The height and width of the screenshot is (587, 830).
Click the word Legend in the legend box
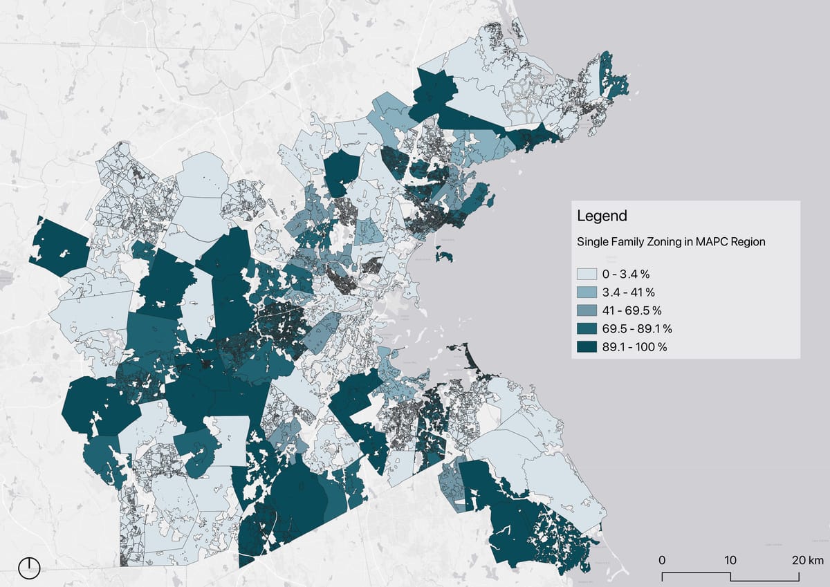tap(602, 216)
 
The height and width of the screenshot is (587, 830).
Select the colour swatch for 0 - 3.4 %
tap(587, 274)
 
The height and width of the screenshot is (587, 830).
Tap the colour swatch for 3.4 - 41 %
tap(587, 292)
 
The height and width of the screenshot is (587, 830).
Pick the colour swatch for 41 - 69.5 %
tap(587, 310)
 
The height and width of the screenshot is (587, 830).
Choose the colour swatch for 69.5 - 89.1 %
tap(587, 328)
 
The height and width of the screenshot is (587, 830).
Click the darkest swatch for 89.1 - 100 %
tap(587, 346)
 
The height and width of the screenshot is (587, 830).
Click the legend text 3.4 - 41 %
tap(628, 292)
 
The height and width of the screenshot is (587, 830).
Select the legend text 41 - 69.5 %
tap(632, 310)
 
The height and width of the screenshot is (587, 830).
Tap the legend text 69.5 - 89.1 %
tap(637, 328)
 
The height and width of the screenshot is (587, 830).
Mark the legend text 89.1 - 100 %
tap(634, 346)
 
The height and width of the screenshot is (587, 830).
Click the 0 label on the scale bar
tap(662, 559)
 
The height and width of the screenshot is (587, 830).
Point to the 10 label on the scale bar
tap(730, 559)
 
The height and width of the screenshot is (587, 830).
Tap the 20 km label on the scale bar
tap(806, 559)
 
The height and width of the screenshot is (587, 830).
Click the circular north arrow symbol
tap(29, 568)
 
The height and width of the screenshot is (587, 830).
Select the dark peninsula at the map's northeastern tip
tap(613, 77)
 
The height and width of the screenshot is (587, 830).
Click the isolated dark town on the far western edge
tap(59, 245)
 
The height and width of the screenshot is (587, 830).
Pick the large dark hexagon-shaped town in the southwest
tap(93, 404)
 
